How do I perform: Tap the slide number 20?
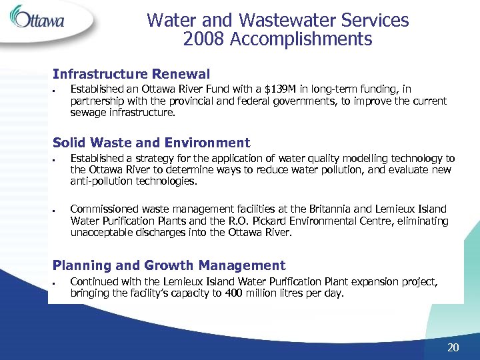pos(453,347)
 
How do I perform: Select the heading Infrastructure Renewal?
pos(131,74)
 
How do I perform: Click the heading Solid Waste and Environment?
pos(151,143)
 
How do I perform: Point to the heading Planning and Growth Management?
pos(169,265)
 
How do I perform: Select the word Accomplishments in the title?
pos(301,40)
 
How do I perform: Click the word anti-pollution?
pos(101,181)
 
